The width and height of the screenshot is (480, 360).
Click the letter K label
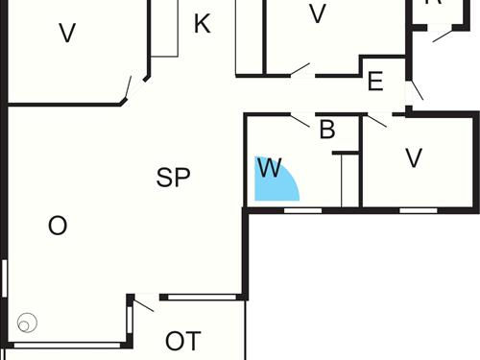(x=202, y=24)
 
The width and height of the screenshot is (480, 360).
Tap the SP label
(x=174, y=178)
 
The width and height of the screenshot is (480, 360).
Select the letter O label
(x=58, y=227)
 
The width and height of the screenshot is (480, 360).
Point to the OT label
(x=182, y=341)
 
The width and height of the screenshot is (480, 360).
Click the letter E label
(x=375, y=82)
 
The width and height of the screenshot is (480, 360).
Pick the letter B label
(x=326, y=130)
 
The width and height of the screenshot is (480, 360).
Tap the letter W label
(x=270, y=170)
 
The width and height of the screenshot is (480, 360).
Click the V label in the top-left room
(x=66, y=34)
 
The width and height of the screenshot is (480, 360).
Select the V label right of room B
(x=414, y=158)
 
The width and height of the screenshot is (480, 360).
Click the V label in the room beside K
(x=318, y=14)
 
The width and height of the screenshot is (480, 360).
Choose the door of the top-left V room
(x=126, y=89)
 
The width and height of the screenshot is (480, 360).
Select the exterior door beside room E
(x=416, y=90)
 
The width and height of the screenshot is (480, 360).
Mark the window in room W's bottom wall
(x=302, y=208)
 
